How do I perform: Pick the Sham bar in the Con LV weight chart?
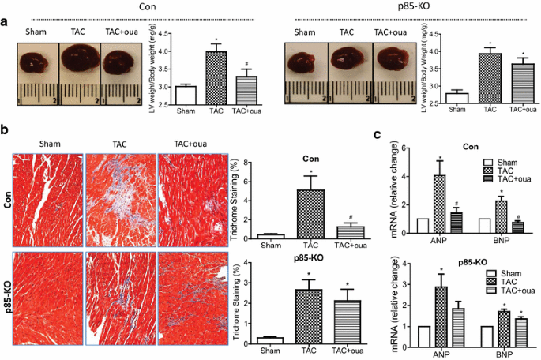pos(186,95)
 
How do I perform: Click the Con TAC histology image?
pos(120,194)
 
